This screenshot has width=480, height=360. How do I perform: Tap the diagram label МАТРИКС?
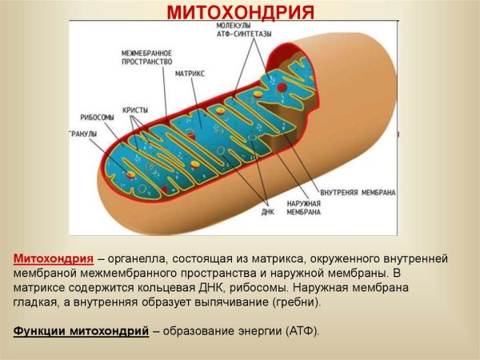pos(190,73)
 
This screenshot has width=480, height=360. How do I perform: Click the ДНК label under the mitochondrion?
pos(268,213)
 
